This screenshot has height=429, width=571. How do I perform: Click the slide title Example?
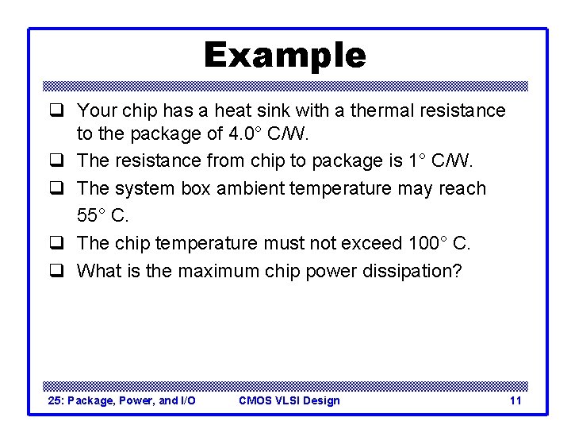285,56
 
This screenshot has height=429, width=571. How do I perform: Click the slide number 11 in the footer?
515,400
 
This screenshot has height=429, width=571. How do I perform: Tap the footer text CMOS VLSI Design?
289,400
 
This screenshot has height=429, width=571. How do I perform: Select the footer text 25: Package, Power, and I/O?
121,400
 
